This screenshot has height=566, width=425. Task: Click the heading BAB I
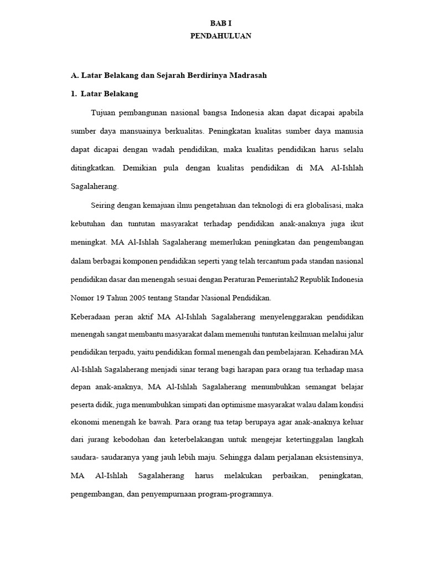(221, 23)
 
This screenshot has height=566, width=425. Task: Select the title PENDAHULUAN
(221, 36)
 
